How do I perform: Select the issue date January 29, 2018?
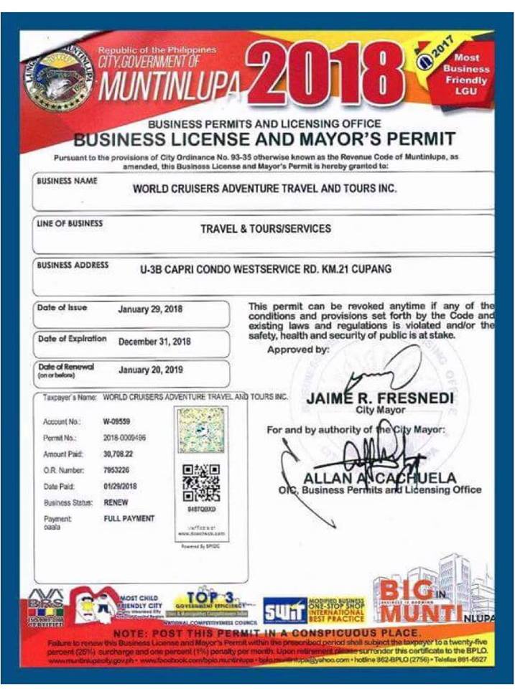coord(149,309)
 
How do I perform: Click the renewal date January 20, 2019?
coord(151,370)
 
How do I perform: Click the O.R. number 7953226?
coord(117,469)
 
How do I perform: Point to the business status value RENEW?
coord(116,502)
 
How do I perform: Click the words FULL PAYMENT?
coord(129,518)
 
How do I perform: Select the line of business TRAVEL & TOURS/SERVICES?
coord(266,229)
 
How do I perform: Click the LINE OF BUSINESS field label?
coord(70,224)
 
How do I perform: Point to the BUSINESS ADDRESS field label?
coord(73,265)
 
